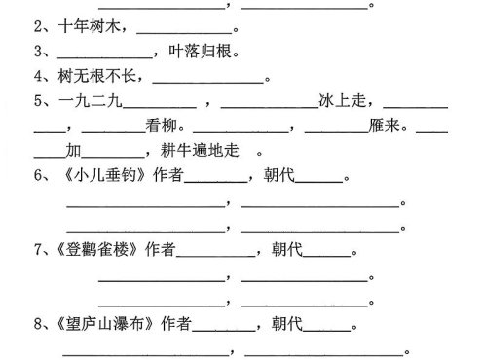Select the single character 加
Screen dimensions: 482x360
[74, 151]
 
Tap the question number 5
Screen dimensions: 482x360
[38, 100]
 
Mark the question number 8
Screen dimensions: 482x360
[38, 324]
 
